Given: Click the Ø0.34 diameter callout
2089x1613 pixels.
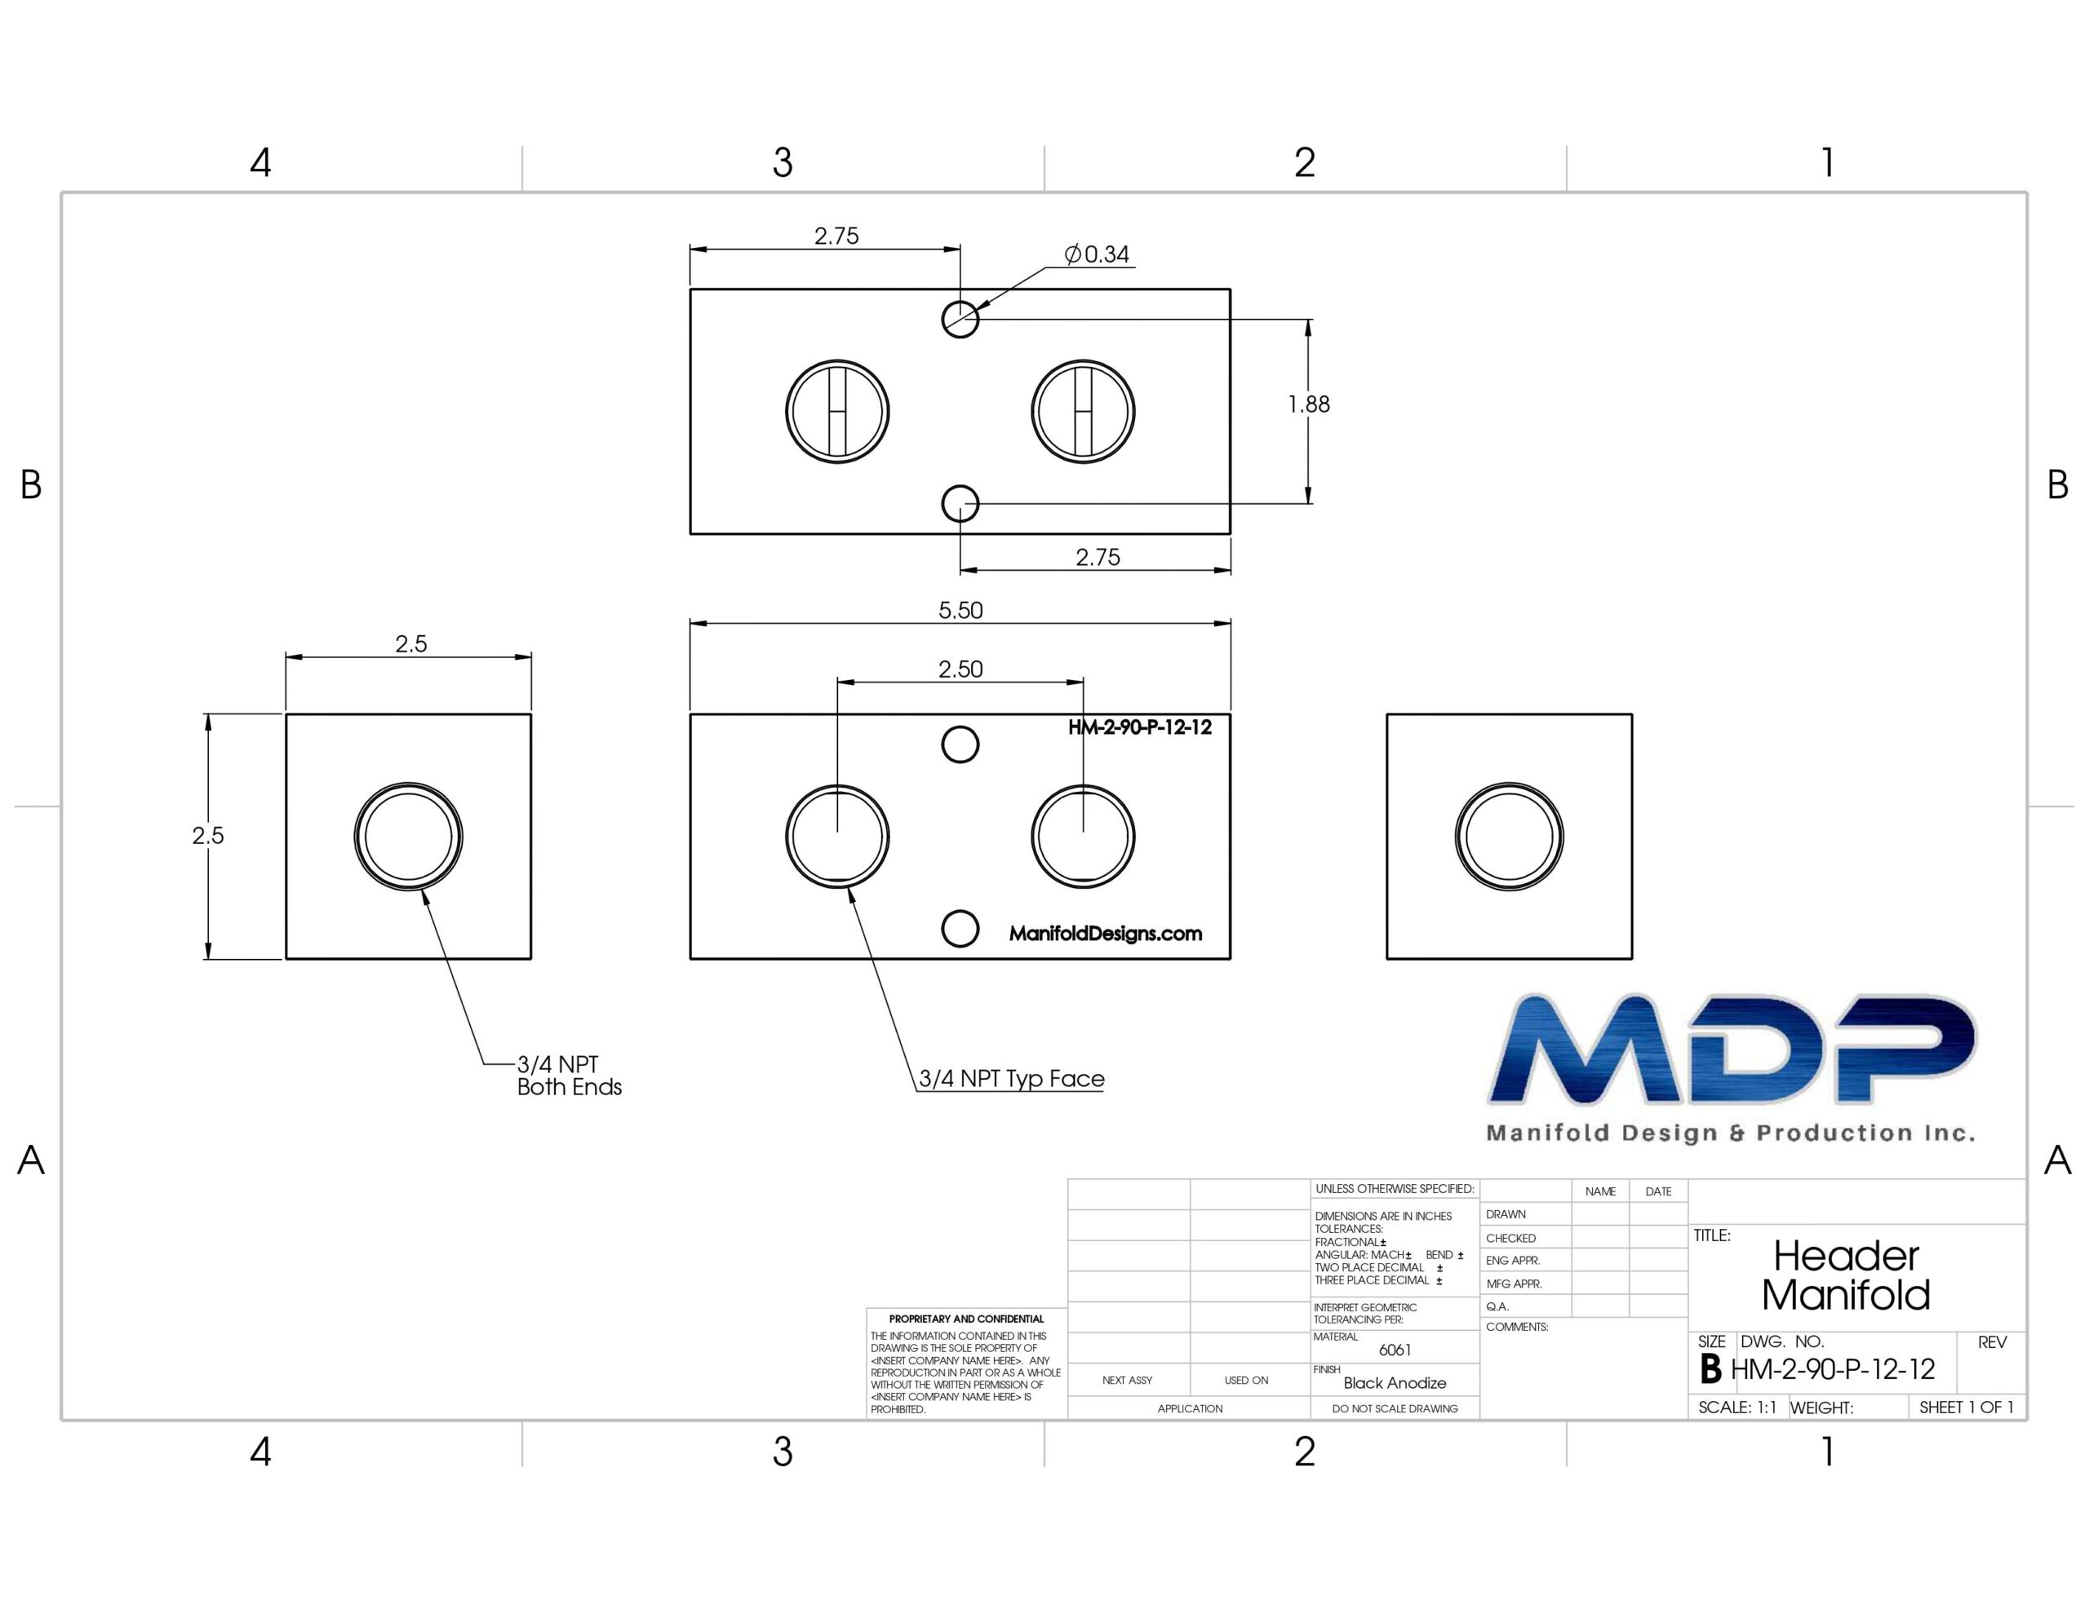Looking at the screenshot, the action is pos(1096,254).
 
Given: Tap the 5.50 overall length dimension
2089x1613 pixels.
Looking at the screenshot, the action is pos(960,610).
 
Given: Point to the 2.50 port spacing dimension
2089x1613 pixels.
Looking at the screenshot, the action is pos(960,670).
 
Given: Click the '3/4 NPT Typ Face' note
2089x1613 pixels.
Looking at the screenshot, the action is pos(1011,1079).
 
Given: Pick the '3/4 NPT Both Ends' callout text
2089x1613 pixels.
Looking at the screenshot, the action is pos(569,1076).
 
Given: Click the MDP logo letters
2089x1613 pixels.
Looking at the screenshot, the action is pos(1732,1049).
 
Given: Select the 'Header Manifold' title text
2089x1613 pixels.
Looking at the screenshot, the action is pos(1846,1275).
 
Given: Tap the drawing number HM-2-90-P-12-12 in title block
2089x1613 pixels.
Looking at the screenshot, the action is pos(1833,1369).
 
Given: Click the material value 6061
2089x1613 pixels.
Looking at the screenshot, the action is pos(1395,1350).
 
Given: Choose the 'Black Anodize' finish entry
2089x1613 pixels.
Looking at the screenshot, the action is pos(1395,1382).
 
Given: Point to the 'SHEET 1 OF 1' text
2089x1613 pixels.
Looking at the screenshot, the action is pos(1967,1408).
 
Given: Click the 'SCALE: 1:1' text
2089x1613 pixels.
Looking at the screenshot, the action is pos(1737,1408).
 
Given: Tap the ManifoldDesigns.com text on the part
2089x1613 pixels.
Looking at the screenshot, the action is pos(1106,933).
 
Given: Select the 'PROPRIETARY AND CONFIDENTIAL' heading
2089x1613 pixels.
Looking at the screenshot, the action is pos(966,1319).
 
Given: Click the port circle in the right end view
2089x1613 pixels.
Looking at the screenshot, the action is pos(1510,783).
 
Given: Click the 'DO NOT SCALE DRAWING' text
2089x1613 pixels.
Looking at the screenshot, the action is pos(1395,1408).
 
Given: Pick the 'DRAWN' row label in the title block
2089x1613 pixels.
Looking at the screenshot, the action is pos(1506,1214).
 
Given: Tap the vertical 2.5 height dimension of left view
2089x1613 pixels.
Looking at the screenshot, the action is pos(207,836).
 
